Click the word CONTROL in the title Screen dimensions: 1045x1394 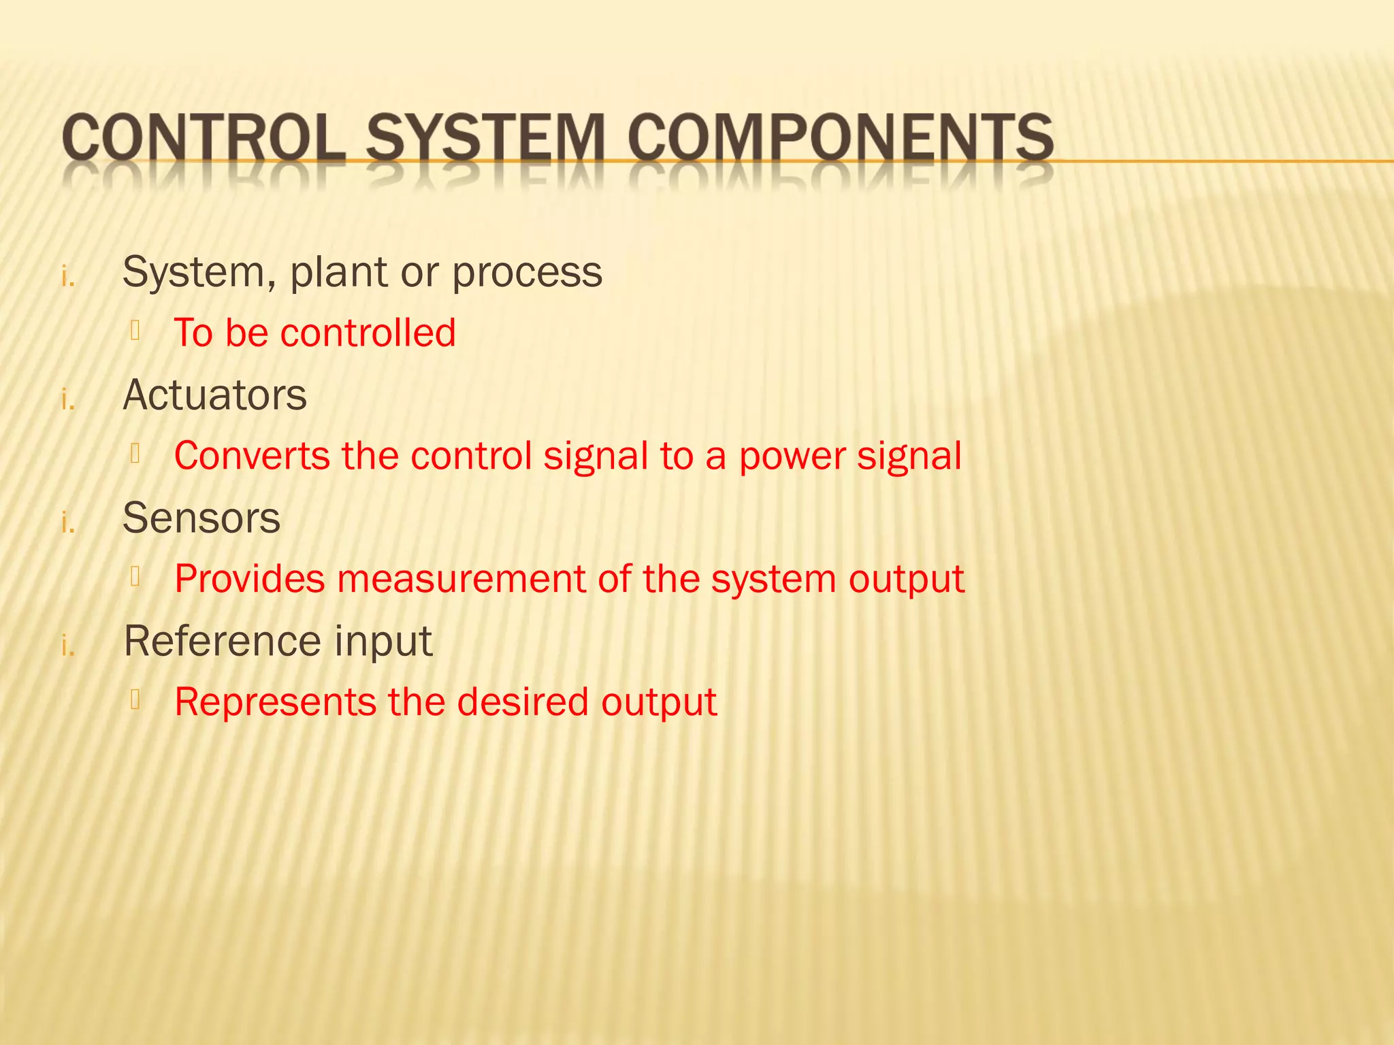(203, 138)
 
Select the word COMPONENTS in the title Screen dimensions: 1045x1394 (841, 138)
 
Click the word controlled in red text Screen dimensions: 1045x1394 (368, 333)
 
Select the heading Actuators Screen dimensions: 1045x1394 (214, 395)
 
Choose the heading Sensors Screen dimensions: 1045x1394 (201, 518)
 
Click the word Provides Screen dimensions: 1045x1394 (249, 580)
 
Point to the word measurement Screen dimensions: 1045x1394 (461, 580)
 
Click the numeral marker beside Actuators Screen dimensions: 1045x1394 (68, 400)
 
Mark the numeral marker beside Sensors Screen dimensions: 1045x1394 (68, 523)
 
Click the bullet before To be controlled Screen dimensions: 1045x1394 (135, 331)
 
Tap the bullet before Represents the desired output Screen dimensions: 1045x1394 (135, 700)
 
